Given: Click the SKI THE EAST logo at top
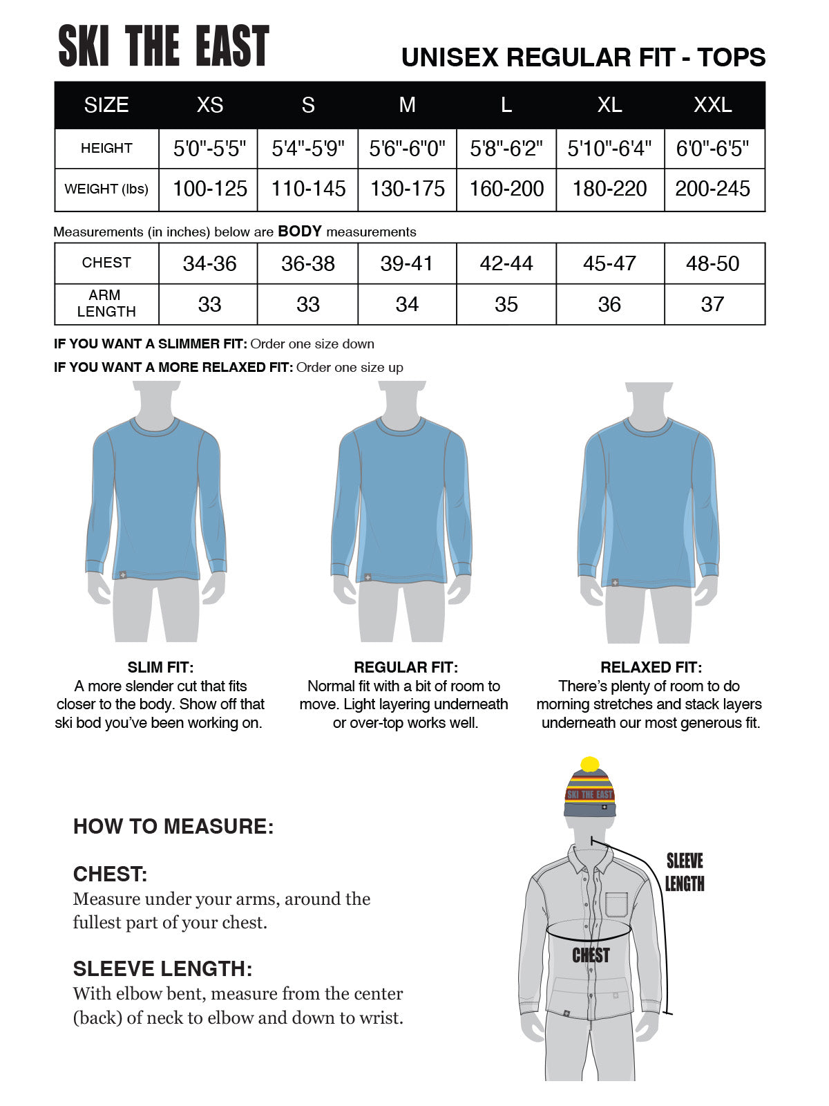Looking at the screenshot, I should pos(164,46).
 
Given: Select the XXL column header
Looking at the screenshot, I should pos(712,105).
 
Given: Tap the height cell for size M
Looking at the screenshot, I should pos(407,149).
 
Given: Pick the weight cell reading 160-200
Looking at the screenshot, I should pos(506,189).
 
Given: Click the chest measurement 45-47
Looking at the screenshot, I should pos(609,263).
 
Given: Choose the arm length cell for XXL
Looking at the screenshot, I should pos(712,304).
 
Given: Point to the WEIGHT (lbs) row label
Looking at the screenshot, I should pos(106,189).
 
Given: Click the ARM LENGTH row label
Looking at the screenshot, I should pos(106,303).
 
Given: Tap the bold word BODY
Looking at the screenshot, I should pos(300,232).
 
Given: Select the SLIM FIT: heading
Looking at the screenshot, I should pos(160,667).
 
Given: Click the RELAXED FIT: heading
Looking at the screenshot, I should pos(651,667).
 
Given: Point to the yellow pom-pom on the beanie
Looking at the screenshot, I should pos(589,765).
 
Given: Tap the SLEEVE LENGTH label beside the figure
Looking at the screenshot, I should pos(685,872).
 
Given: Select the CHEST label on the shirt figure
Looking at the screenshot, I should pos(591,955).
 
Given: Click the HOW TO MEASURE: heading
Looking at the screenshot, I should pos(173,826).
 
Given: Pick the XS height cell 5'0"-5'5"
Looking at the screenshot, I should pos(209,149).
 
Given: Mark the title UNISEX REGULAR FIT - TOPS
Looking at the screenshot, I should pos(583,57).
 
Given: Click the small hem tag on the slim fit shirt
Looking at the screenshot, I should pos(122,574).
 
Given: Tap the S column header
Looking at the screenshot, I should pos(308,105).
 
